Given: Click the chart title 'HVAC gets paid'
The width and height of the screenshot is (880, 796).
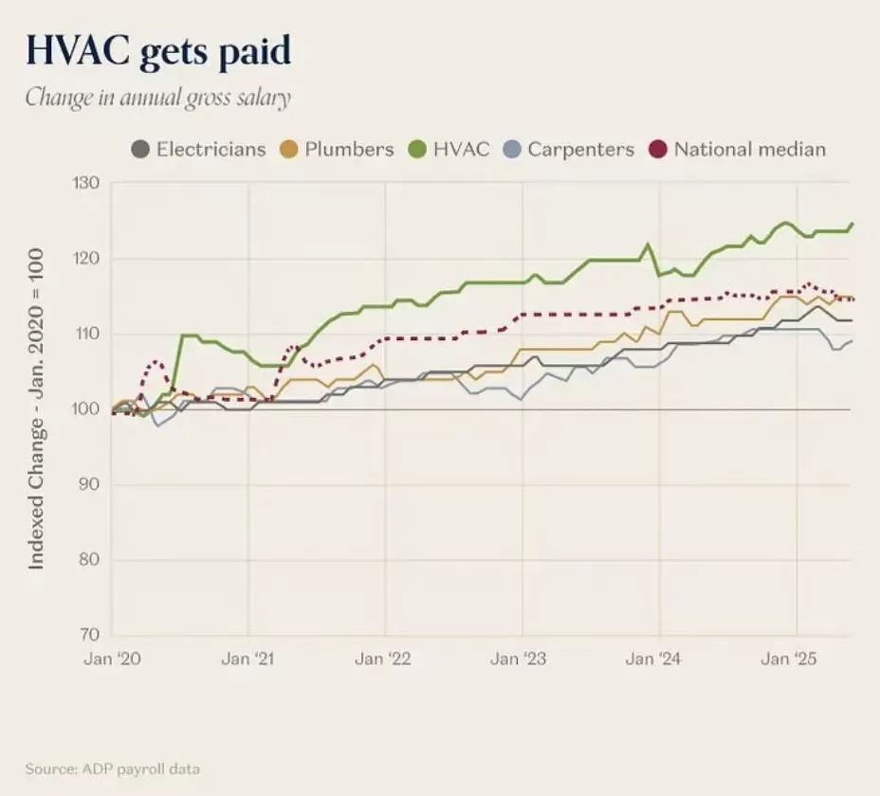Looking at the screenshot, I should pos(157,51).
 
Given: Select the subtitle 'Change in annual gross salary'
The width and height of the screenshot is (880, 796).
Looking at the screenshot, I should pos(156,98).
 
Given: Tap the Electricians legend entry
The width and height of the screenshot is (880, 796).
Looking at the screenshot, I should pos(199,149).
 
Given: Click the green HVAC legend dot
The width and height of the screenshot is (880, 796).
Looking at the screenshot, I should pos(418,149).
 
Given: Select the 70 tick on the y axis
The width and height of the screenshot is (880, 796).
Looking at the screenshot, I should pos(87,635).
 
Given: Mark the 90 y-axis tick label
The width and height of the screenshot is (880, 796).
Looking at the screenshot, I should pos(87,484).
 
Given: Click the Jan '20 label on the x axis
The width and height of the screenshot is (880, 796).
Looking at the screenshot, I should pos(113,660).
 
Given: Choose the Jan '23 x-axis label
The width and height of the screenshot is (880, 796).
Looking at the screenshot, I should pos(520,660).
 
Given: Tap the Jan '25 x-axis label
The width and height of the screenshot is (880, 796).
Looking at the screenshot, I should pos(790,660).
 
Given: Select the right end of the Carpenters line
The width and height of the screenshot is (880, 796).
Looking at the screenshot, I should pos(852,341).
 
